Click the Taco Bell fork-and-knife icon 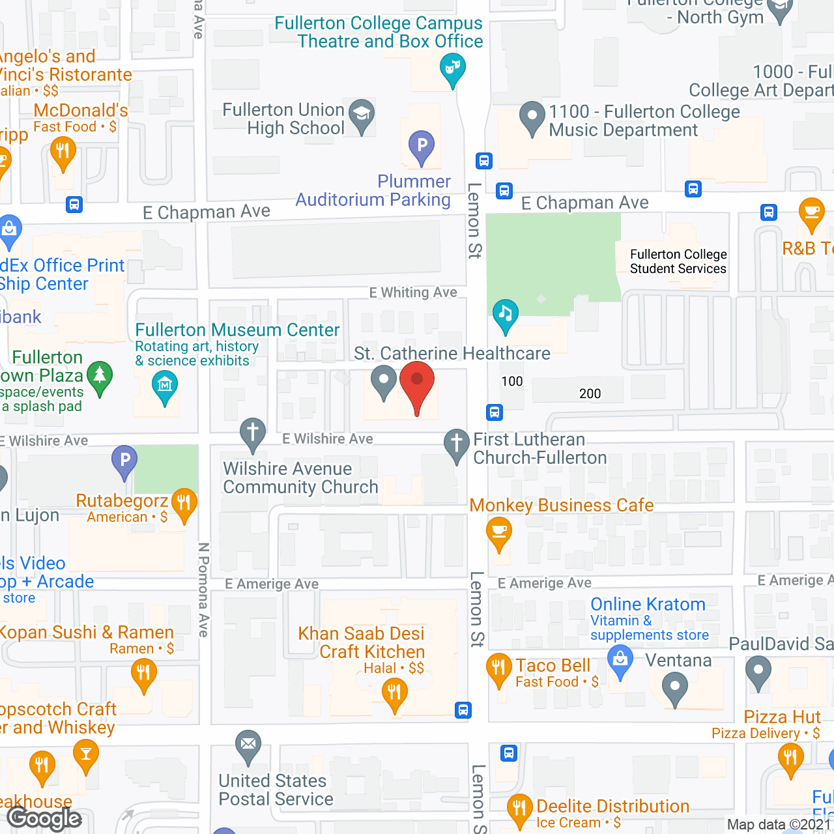pos(499,667)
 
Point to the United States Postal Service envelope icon pos(248,743)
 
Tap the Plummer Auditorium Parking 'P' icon pos(422,145)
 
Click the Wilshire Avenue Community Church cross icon pos(253,432)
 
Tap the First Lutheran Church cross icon pos(457,444)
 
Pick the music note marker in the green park pos(506,313)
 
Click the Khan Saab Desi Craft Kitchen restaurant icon pos(394,692)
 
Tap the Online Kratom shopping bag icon pos(620,659)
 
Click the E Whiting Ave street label pos(413,293)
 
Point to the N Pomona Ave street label pos(204,589)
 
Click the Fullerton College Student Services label pos(678,261)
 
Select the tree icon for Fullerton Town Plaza pos(100,376)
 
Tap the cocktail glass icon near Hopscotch pos(85,756)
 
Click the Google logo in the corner pos(44,818)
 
